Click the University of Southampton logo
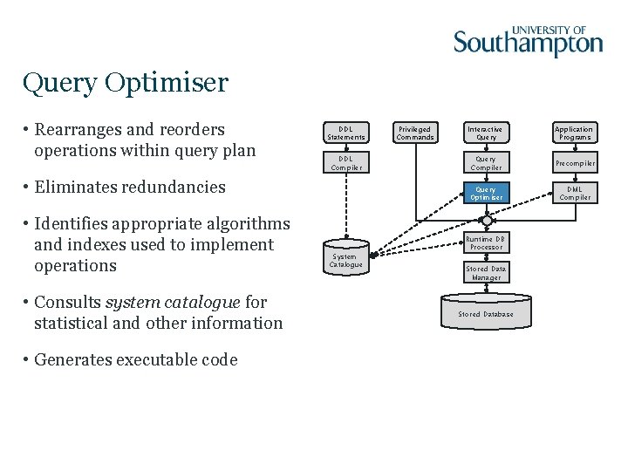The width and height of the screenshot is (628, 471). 528,40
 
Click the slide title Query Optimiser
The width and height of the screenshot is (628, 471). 125,83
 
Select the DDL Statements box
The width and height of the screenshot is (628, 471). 345,133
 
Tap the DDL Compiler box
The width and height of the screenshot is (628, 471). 345,163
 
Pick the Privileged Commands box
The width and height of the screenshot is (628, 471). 415,133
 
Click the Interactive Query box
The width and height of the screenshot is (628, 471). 486,133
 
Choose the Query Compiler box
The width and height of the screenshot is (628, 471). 486,163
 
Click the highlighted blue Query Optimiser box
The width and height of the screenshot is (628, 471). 486,193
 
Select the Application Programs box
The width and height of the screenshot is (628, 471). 574,133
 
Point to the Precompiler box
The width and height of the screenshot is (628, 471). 574,163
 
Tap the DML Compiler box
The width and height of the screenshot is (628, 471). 574,193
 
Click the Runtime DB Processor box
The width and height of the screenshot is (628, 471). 486,242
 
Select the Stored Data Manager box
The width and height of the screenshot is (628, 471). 486,273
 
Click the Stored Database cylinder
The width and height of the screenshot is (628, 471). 486,313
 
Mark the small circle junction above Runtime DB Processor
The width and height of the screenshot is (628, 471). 486,221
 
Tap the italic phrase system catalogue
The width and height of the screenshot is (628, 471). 172,302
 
